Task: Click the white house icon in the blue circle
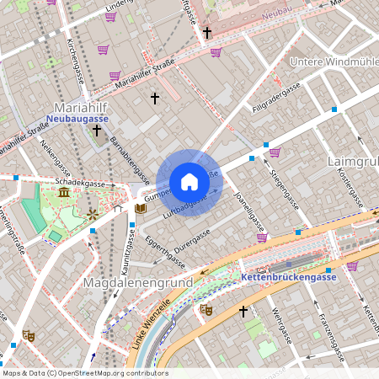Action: click(189, 182)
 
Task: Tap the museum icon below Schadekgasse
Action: click(65, 195)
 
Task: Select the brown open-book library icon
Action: click(141, 208)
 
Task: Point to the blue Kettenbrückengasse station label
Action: click(289, 277)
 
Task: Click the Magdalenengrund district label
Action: click(138, 281)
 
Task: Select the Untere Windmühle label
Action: click(334, 62)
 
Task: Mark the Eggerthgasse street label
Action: click(163, 249)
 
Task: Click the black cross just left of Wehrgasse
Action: click(243, 312)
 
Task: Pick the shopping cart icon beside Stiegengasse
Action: click(275, 152)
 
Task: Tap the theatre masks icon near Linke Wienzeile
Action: click(206, 310)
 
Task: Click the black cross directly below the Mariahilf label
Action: click(97, 131)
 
